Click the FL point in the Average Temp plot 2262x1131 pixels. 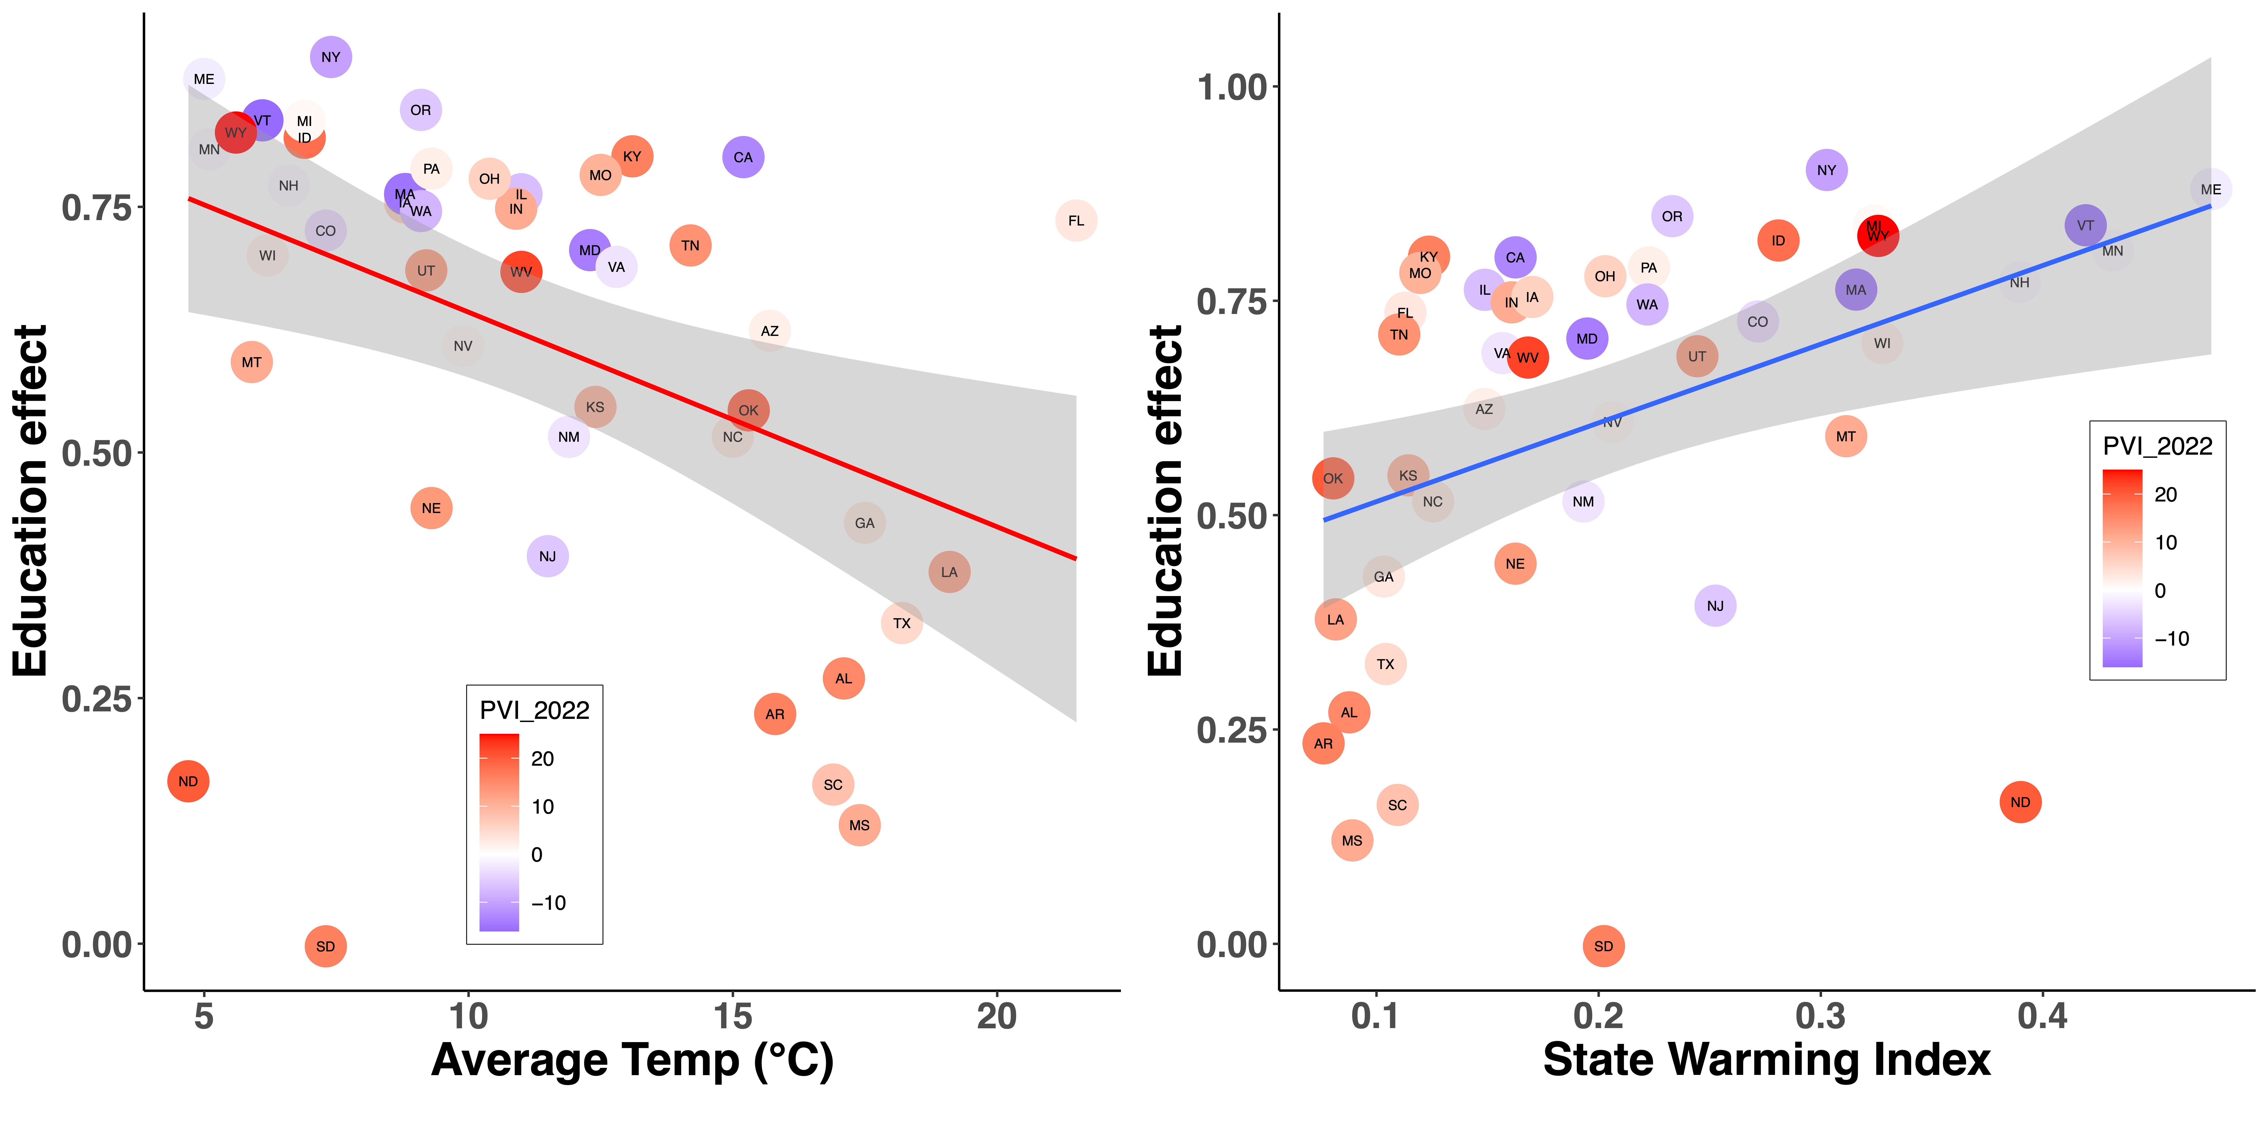pyautogui.click(x=1076, y=220)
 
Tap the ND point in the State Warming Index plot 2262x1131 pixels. pyautogui.click(x=2020, y=802)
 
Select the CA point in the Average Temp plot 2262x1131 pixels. pyautogui.click(x=743, y=157)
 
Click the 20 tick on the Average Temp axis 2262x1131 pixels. pyautogui.click(x=997, y=1017)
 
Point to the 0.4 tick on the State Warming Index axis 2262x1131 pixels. pyautogui.click(x=2043, y=1017)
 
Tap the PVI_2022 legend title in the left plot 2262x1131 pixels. pyautogui.click(x=534, y=710)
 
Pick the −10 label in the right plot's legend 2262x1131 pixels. pyautogui.click(x=2172, y=638)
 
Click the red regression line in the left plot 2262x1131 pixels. pyautogui.click(x=632, y=378)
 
